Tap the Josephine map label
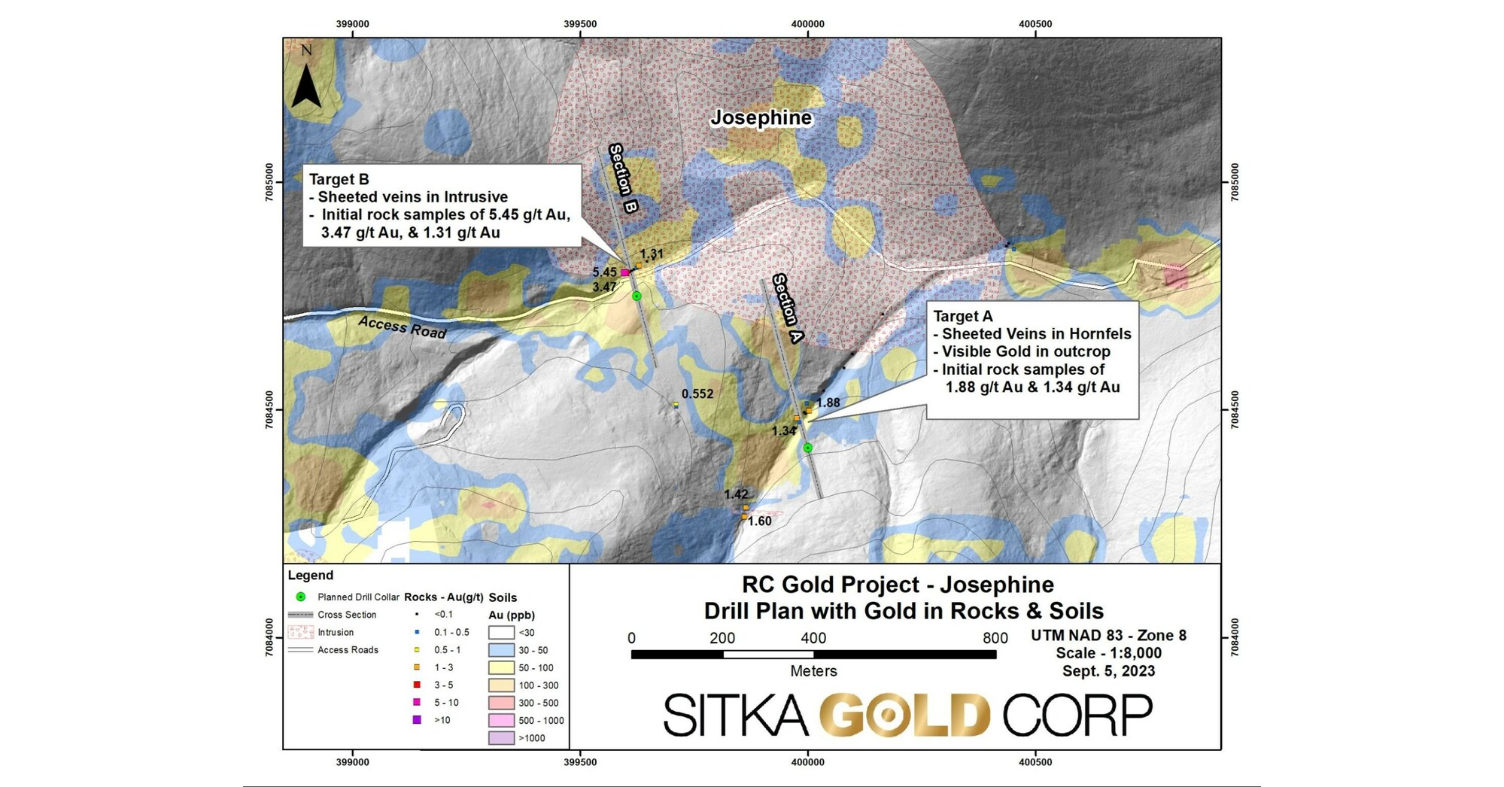[x=761, y=118]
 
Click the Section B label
[x=623, y=178]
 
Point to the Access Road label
[x=402, y=327]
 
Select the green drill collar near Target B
[x=637, y=296]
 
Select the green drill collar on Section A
[x=807, y=448]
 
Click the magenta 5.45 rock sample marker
[x=624, y=272]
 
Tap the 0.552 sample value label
[x=697, y=393]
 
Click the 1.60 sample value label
[x=759, y=521]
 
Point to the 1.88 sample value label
[x=828, y=403]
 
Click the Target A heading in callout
[x=962, y=317]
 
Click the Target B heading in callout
[x=339, y=179]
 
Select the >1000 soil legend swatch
[x=501, y=738]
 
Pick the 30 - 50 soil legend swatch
[x=501, y=650]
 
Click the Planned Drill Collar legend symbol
[x=300, y=597]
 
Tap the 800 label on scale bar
[x=995, y=638]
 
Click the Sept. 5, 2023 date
[x=1107, y=671]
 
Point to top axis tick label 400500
[x=1035, y=24]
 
